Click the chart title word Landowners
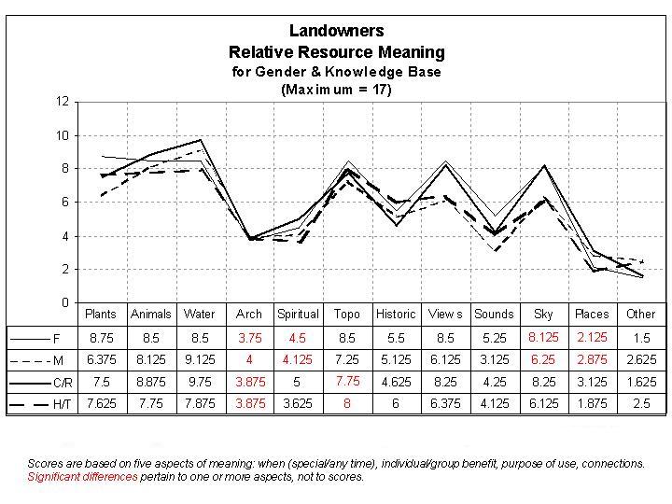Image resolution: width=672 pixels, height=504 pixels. [336, 31]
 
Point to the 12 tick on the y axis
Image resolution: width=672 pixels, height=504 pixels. [63, 102]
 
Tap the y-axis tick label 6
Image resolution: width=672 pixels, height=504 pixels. [65, 203]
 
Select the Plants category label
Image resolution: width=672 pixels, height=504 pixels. [101, 314]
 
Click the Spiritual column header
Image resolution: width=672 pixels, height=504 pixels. [298, 314]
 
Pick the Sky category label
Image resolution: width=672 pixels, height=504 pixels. [542, 314]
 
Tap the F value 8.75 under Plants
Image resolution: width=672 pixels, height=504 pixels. [101, 336]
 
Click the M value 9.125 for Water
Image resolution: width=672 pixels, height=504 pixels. [199, 358]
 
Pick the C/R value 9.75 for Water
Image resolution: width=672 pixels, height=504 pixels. [199, 382]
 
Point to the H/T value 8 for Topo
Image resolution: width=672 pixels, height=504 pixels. [347, 404]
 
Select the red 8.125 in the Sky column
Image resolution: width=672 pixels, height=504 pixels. [542, 336]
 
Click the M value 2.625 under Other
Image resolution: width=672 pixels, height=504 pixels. [640, 358]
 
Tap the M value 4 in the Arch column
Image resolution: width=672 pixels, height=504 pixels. [249, 358]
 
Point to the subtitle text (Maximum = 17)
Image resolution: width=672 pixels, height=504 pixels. [336, 91]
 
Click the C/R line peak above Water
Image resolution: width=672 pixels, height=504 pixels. [200, 140]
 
